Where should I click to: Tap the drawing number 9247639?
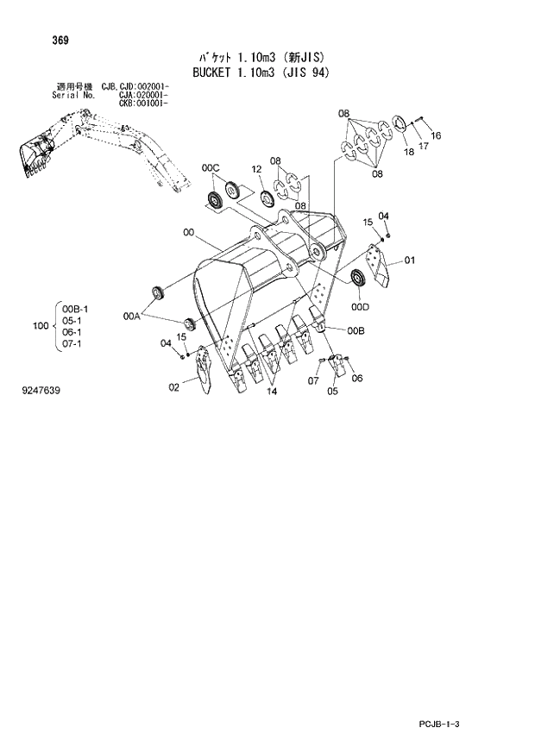(41, 391)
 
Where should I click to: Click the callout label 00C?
(211, 166)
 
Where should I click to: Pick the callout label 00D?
(360, 305)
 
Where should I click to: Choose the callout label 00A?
(131, 317)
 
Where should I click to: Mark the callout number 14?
(272, 392)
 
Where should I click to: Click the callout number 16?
(436, 135)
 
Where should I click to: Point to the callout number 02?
(173, 387)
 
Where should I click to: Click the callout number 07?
(314, 380)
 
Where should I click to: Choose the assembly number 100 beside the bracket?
(39, 325)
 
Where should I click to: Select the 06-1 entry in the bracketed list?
(72, 332)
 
